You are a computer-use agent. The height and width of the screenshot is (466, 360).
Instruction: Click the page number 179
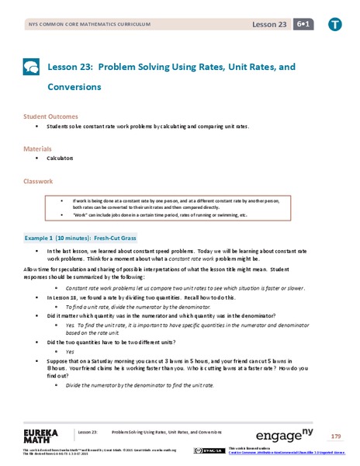pos(335,436)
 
